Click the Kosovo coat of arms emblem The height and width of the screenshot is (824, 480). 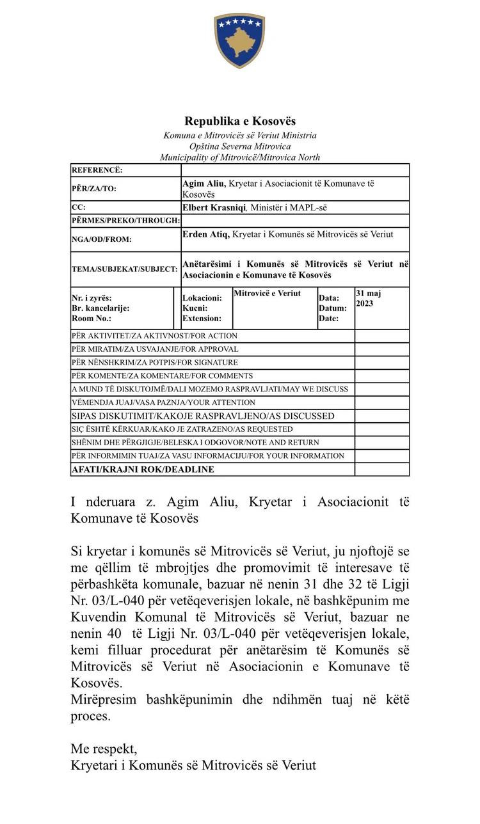pos(239,40)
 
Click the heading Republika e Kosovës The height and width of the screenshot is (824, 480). pos(240,121)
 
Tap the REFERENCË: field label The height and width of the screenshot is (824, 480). pos(97,170)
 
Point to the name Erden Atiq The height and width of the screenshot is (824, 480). pos(205,235)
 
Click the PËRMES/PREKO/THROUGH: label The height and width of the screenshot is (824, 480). pos(125,220)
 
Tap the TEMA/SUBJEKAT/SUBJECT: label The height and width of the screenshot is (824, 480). pos(124,269)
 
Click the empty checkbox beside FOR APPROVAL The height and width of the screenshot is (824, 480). pos(382,349)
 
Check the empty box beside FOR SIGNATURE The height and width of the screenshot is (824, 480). pos(382,363)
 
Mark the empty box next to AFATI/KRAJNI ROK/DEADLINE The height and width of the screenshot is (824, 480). pos(382,470)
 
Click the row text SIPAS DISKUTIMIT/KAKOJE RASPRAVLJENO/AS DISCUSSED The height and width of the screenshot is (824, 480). pos(203,416)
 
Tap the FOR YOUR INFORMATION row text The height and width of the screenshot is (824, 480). pos(208,456)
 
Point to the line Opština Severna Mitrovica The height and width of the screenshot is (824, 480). pos(240,147)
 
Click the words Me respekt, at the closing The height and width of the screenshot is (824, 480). pos(104,749)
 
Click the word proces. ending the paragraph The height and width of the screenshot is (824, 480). pos(91,716)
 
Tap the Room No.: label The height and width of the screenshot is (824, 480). pos(91,318)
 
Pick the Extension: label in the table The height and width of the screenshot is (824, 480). pos(202,318)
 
